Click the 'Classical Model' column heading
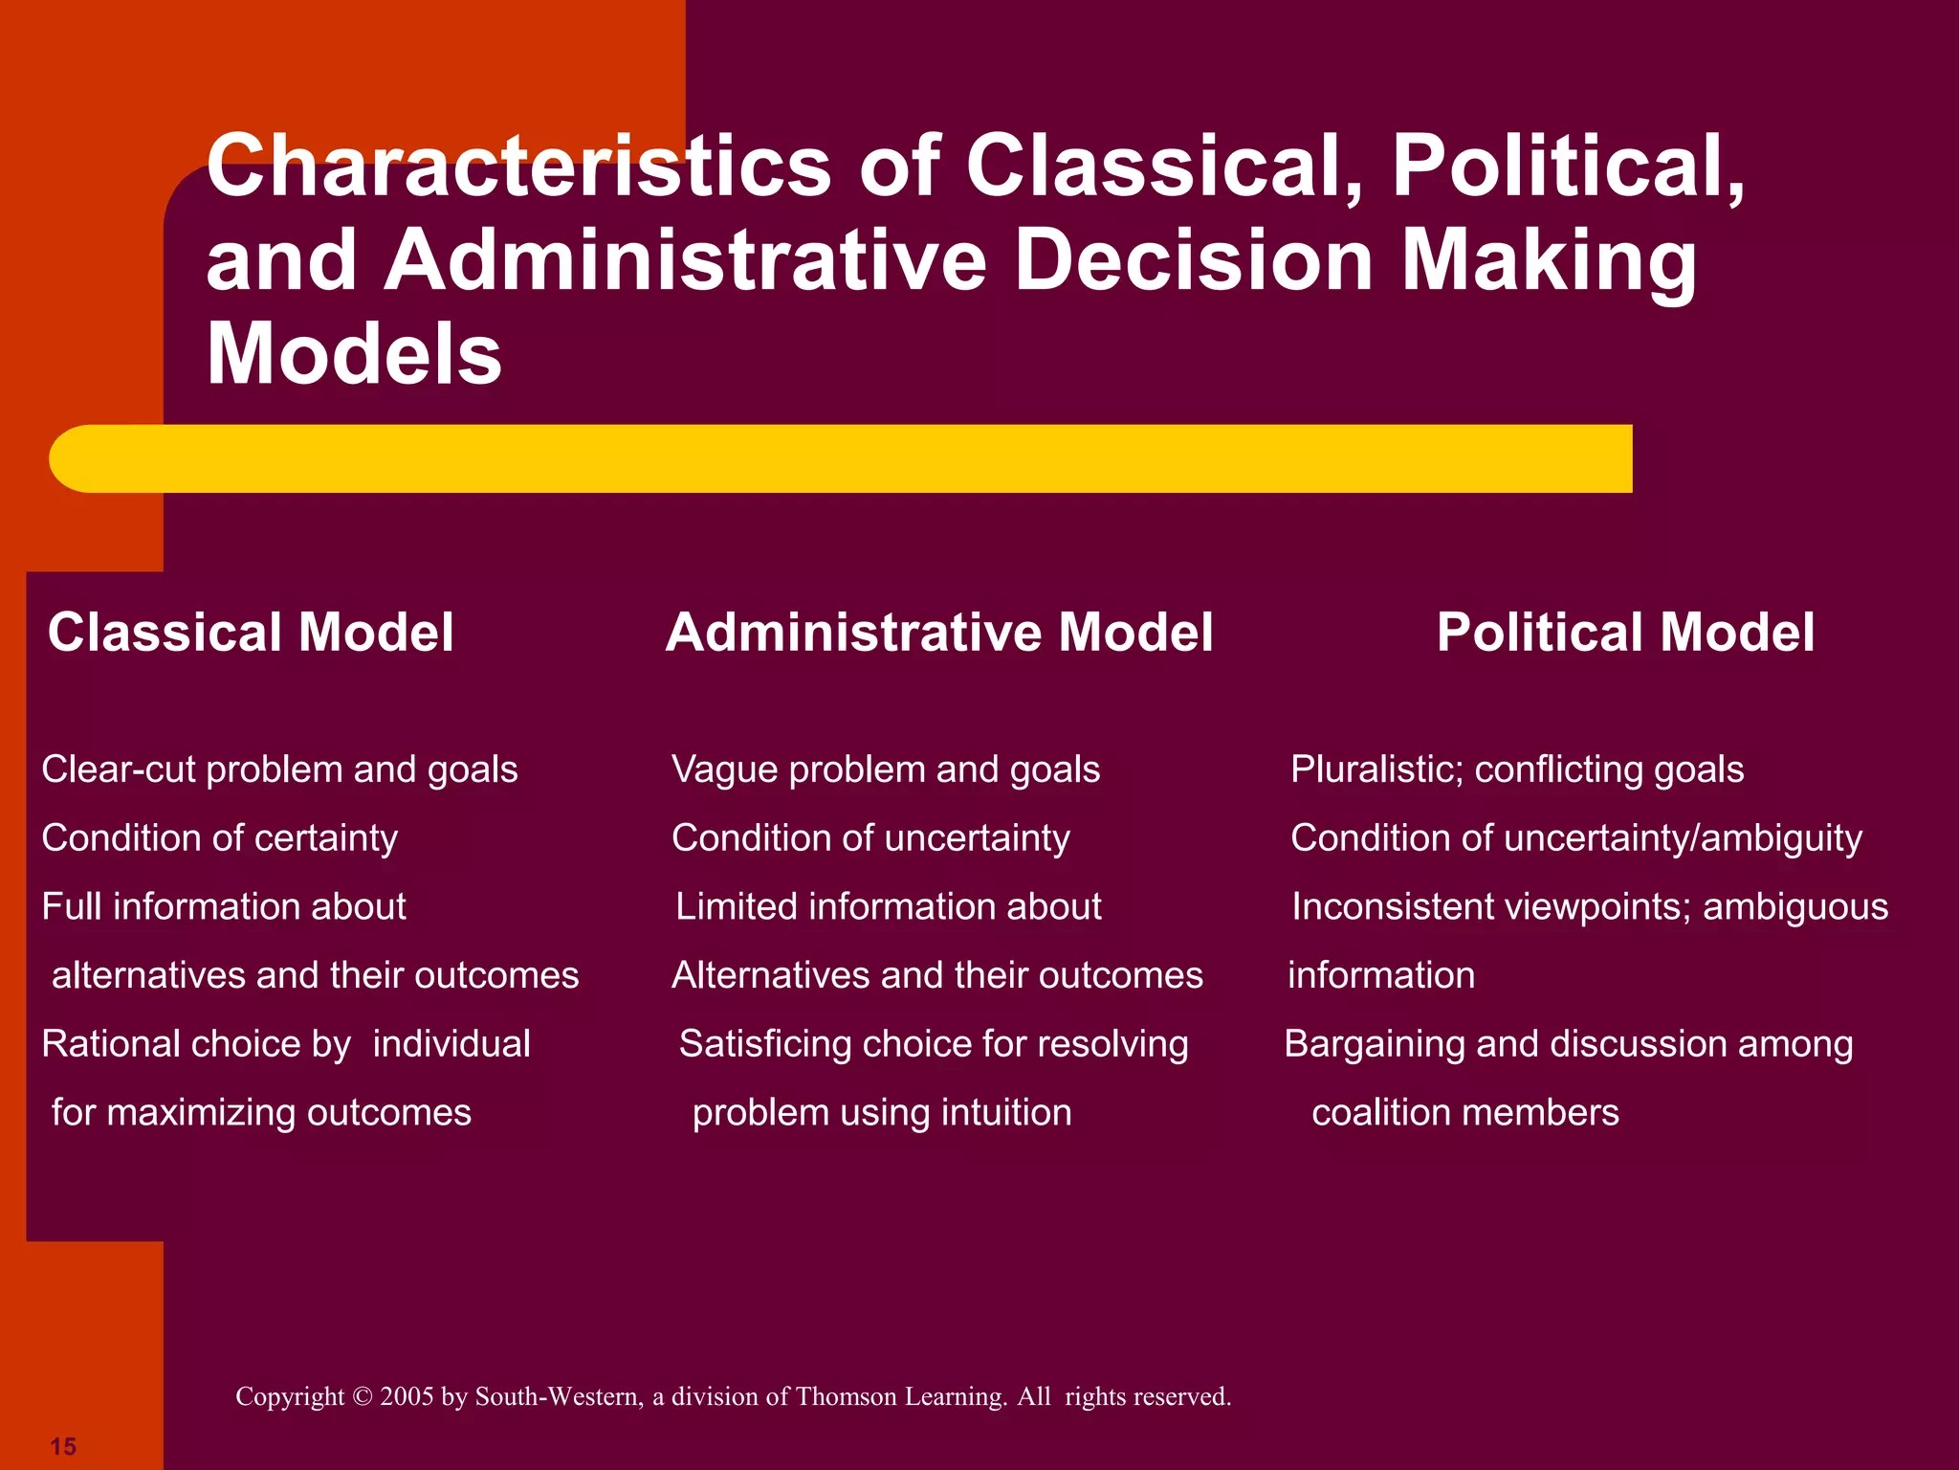(x=251, y=633)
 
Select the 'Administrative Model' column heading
(x=939, y=633)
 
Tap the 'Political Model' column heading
(x=1625, y=633)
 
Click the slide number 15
(x=63, y=1446)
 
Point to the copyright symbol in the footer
(x=362, y=1397)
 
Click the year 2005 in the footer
(x=407, y=1397)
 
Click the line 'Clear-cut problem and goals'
(x=279, y=769)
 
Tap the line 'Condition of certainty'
(x=219, y=838)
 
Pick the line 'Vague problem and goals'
(x=886, y=769)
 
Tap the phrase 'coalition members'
(x=1464, y=1113)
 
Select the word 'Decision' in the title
(x=1194, y=260)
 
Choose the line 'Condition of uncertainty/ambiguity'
(x=1575, y=838)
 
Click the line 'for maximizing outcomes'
(x=261, y=1113)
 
